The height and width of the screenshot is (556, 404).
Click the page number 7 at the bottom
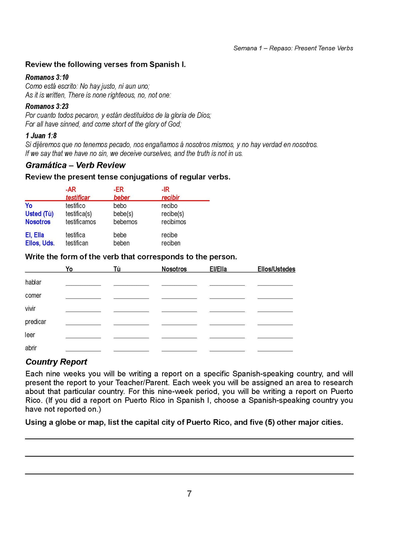coord(189,494)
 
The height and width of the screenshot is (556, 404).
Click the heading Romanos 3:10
coord(47,77)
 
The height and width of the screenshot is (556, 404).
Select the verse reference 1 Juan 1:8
coord(41,136)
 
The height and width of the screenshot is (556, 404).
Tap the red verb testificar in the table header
coord(78,198)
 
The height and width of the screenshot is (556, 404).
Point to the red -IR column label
coord(166,189)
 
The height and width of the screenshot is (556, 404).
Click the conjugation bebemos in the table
coord(125,222)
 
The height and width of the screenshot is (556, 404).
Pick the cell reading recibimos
coord(174,222)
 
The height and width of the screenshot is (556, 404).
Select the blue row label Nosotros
coord(38,222)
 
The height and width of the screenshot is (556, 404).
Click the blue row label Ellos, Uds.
coord(40,243)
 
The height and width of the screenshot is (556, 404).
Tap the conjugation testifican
coord(77,243)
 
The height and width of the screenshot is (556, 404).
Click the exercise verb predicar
coord(36,322)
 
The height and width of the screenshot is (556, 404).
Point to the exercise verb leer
coord(30,335)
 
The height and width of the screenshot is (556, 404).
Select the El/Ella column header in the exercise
coord(218,269)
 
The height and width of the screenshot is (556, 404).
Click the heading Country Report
coord(56,362)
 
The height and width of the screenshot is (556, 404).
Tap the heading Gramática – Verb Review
coord(75,165)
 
